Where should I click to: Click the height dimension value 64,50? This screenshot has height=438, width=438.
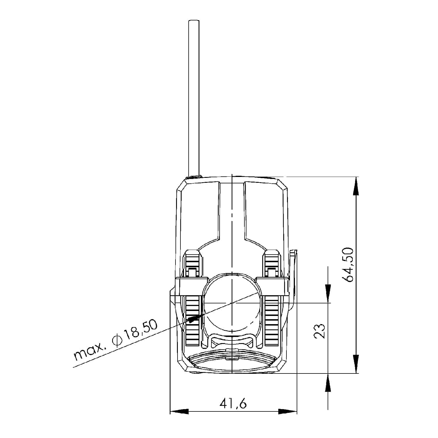click(349, 265)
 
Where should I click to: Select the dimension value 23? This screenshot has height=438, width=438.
click(320, 331)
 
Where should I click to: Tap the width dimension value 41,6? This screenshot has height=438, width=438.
click(233, 403)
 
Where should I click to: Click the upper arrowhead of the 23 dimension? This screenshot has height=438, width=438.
click(328, 294)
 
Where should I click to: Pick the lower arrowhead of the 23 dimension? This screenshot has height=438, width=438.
click(328, 383)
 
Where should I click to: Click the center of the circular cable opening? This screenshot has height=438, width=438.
click(232, 303)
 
